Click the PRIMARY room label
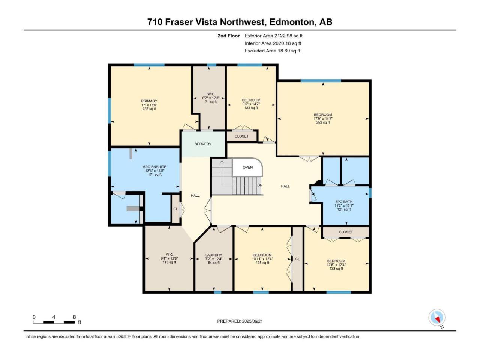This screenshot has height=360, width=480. coord(149,101)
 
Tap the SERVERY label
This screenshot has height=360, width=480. coord(203,144)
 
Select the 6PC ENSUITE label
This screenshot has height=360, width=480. coord(154,167)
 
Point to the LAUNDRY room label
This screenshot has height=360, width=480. coord(214,255)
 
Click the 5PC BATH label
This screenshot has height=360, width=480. coord(344,202)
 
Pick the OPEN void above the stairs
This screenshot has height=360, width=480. coord(247,167)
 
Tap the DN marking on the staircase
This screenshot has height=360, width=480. coord(259,185)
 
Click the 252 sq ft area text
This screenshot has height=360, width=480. coord(323,123)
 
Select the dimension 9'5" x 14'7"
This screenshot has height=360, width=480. coord(251,104)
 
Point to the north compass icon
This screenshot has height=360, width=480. coord(437,317)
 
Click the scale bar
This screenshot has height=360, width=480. coord(54,322)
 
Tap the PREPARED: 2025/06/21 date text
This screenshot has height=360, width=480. coord(240,321)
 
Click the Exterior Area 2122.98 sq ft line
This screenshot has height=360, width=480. coord(274,36)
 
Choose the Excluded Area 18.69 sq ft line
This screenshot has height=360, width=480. coord(273,51)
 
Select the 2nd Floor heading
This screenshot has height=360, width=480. coord(228,36)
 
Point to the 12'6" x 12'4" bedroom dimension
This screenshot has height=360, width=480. coord(336,264)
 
